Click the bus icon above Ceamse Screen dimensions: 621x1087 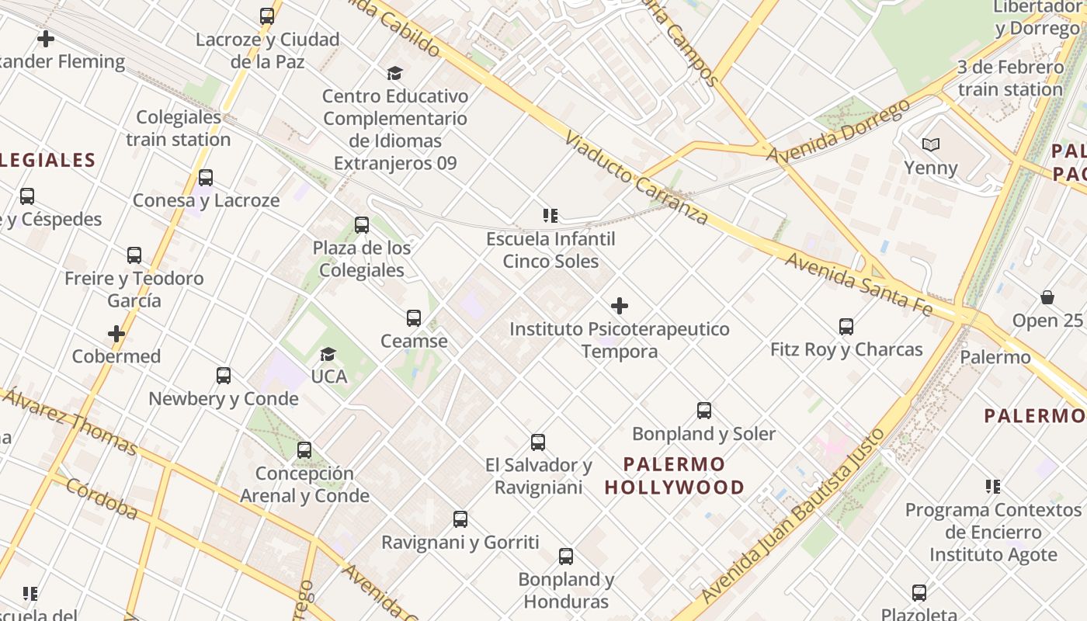click(414, 317)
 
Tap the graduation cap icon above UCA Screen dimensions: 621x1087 click(328, 354)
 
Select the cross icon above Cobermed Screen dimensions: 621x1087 click(116, 334)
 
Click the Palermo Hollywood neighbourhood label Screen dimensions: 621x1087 click(674, 476)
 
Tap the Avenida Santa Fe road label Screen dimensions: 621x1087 click(859, 283)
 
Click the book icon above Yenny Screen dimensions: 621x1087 click(931, 144)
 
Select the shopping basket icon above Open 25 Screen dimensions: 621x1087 click(1047, 297)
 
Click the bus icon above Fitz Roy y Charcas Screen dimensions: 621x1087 click(846, 327)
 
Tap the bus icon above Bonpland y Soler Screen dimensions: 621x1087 click(704, 411)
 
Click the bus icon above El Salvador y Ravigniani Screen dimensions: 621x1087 click(538, 442)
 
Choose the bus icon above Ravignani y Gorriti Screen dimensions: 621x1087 click(460, 519)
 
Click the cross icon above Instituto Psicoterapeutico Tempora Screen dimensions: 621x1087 click(620, 306)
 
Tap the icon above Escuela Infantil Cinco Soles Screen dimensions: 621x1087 click(550, 216)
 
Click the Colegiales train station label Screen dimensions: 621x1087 click(179, 128)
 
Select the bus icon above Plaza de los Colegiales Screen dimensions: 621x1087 click(362, 225)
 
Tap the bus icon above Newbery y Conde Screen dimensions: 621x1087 click(224, 376)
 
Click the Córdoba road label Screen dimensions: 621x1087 click(102, 498)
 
